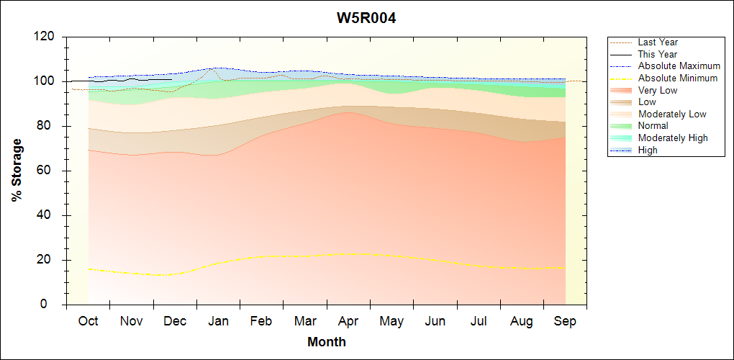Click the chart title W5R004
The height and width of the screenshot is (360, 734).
[366, 18]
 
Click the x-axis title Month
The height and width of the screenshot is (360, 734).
[326, 342]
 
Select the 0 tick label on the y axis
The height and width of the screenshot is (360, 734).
[53, 305]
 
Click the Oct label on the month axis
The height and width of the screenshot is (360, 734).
[88, 321]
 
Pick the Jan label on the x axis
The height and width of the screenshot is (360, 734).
[218, 321]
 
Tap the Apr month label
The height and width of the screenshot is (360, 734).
[348, 321]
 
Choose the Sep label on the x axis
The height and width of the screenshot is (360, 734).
[565, 321]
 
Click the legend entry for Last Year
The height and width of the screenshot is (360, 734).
[658, 42]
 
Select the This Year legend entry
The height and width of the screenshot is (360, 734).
[658, 54]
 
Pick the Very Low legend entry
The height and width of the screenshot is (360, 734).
[658, 90]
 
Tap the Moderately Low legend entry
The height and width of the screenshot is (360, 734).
[672, 114]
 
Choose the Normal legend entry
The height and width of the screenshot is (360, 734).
[653, 126]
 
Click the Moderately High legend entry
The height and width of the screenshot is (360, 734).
[673, 138]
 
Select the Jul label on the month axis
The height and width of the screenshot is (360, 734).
[479, 321]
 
